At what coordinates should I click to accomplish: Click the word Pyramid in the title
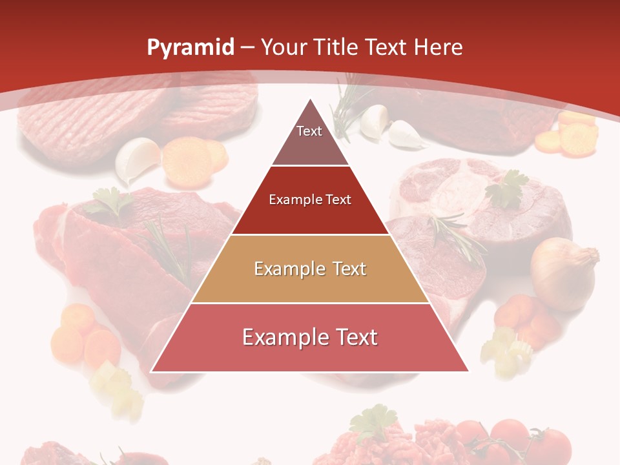point(191,47)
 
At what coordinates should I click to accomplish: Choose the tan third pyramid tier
point(310,269)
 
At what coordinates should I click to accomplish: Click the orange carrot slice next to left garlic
point(187,161)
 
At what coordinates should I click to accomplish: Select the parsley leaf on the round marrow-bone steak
point(508,188)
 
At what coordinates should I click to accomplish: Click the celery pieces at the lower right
point(507,349)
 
